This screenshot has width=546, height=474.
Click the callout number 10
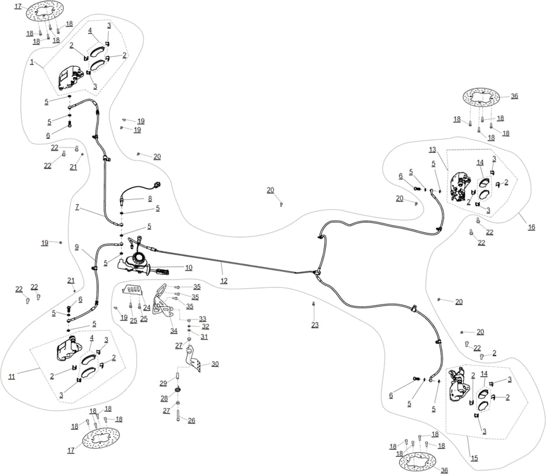(188, 268)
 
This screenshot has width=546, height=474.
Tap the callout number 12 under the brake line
(224, 281)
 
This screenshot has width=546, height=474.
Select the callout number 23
(315, 325)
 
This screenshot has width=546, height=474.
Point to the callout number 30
(215, 364)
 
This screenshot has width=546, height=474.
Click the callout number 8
(150, 199)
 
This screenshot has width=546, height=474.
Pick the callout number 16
(531, 227)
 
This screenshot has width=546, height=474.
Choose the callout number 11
(12, 377)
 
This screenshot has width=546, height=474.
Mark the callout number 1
(32, 62)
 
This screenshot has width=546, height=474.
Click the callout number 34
(174, 331)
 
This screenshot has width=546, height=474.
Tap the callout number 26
(192, 421)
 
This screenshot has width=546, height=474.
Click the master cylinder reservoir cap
(139, 258)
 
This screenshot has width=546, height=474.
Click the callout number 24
(147, 308)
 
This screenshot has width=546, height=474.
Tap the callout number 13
(432, 150)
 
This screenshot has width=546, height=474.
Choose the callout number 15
(474, 459)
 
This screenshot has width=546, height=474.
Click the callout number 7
(77, 207)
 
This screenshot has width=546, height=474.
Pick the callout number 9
(77, 247)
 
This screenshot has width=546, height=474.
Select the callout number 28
(164, 398)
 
